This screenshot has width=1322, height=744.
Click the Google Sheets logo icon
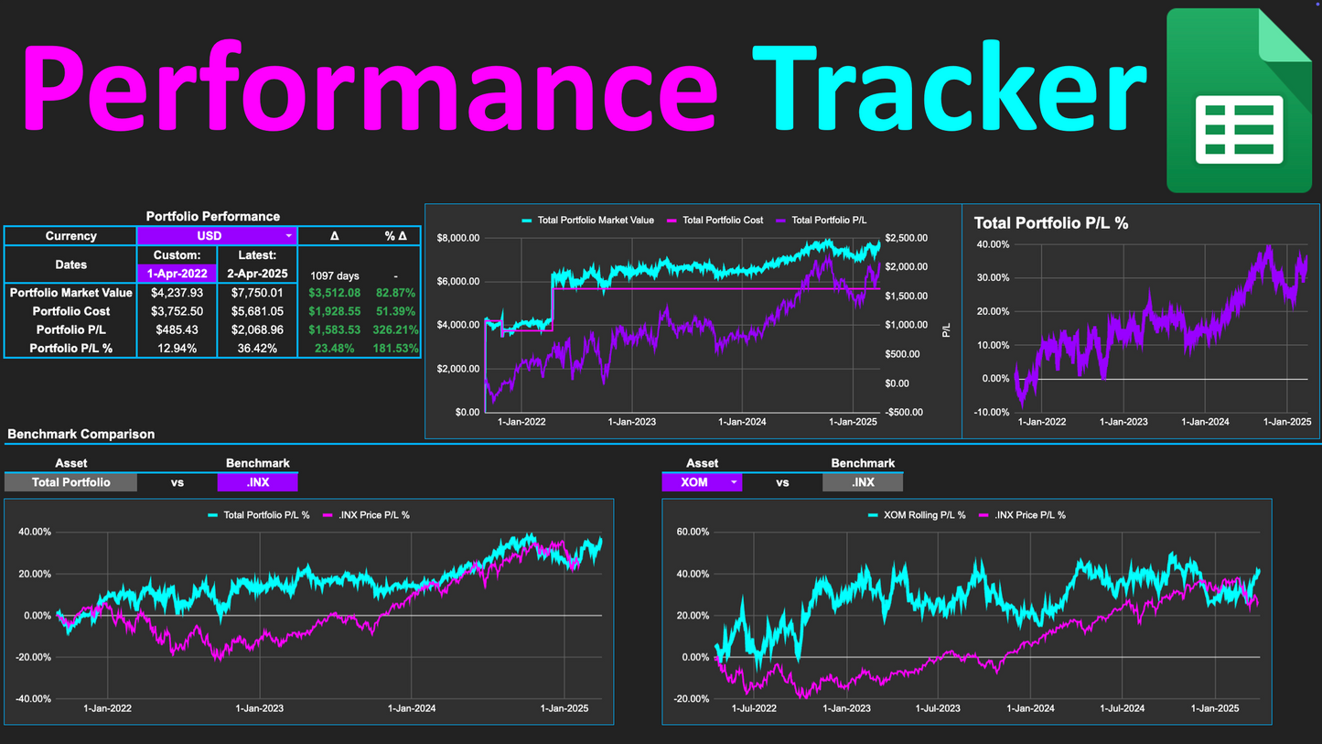1239,101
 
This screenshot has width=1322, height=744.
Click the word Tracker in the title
949,90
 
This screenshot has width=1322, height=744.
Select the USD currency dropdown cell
217,236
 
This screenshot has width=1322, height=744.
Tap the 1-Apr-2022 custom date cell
177,274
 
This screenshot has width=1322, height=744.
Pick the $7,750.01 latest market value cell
257,293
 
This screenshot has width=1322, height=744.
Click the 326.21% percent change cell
395,329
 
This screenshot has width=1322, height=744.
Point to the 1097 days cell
334,275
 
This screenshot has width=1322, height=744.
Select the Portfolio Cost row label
70,311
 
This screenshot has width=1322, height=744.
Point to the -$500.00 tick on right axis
907,413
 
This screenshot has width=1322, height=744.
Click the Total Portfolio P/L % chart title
1050,223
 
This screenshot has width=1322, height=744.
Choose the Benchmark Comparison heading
81,434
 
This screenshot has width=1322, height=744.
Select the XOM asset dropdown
702,482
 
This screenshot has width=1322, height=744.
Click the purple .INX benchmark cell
257,482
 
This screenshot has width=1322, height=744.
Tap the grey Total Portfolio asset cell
70,482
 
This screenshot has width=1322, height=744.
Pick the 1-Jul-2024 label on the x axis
1122,708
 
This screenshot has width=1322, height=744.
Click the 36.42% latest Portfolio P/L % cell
257,349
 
